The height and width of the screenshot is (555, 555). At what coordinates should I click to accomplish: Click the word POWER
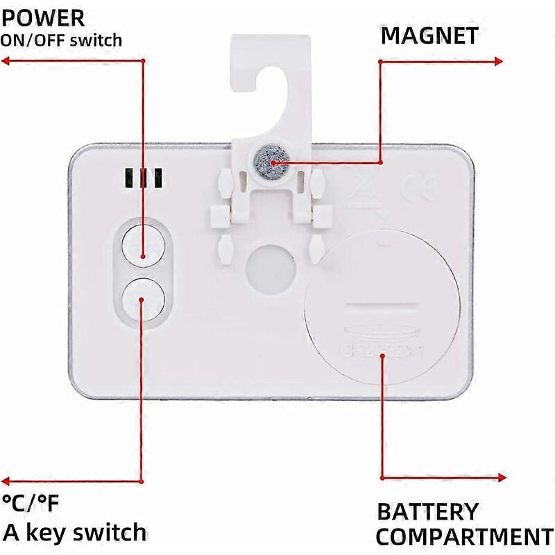pyautogui.click(x=43, y=17)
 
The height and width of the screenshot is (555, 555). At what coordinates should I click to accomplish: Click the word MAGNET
pyautogui.click(x=429, y=35)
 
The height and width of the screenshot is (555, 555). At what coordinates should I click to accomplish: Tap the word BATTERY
pyautogui.click(x=428, y=512)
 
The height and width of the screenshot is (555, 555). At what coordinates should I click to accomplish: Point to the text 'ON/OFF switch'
pyautogui.click(x=61, y=40)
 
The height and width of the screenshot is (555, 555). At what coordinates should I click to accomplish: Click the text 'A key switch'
pyautogui.click(x=75, y=532)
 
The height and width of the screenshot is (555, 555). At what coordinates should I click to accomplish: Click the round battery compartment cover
pyautogui.click(x=381, y=308)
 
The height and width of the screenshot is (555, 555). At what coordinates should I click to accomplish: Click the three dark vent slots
pyautogui.click(x=144, y=178)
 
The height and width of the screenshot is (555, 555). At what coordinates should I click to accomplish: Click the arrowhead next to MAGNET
pyautogui.click(x=497, y=61)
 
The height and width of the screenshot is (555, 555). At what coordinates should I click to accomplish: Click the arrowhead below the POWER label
pyautogui.click(x=6, y=61)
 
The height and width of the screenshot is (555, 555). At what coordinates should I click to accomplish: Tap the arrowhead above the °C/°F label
pyautogui.click(x=6, y=480)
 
